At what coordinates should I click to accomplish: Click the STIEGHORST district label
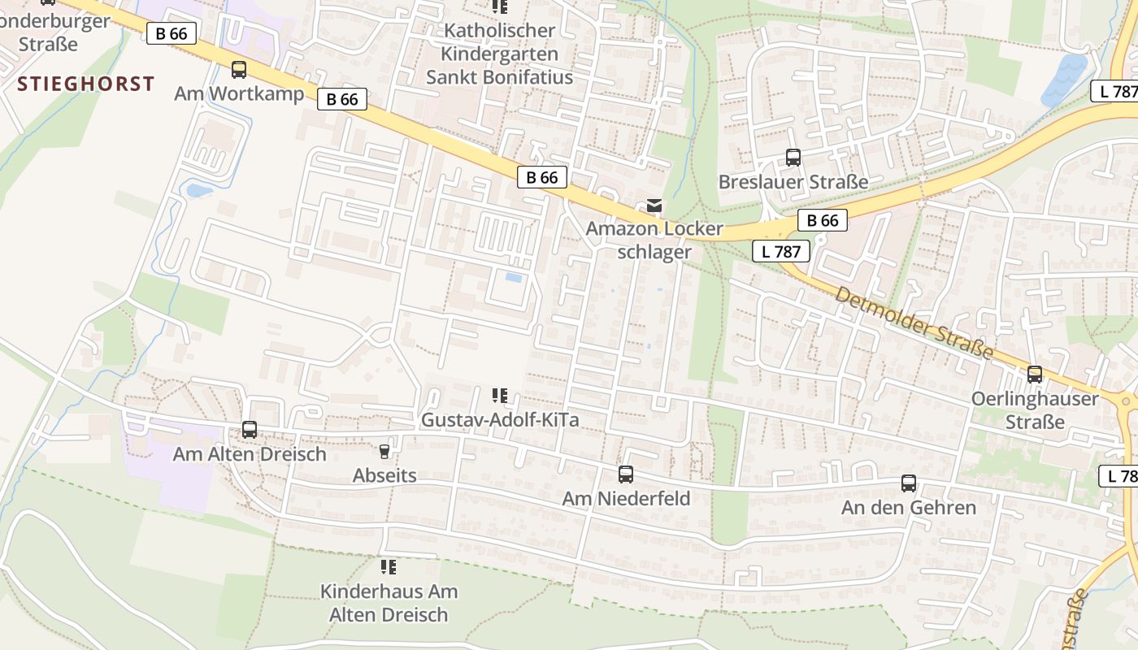(x=85, y=84)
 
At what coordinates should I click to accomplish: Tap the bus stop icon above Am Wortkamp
(x=239, y=70)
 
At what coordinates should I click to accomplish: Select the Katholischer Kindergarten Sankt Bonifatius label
(x=499, y=54)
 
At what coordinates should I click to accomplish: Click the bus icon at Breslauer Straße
(x=793, y=158)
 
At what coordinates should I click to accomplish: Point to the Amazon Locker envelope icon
(x=654, y=206)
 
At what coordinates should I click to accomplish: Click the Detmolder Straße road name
(x=914, y=323)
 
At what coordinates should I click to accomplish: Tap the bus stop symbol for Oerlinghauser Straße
(x=1035, y=375)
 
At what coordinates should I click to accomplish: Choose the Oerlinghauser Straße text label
(x=1035, y=410)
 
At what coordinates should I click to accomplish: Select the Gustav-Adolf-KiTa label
(x=499, y=420)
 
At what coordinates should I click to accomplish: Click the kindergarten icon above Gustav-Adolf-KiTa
(x=500, y=396)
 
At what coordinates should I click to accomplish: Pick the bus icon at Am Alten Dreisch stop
(x=250, y=430)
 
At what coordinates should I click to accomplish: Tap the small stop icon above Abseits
(x=384, y=451)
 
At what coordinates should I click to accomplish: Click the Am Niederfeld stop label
(x=626, y=498)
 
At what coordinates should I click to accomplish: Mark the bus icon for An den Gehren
(x=909, y=483)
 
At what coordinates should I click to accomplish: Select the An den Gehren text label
(x=909, y=508)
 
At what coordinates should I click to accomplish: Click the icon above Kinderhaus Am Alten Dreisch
(x=389, y=566)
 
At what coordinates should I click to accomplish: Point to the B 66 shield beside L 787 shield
(x=823, y=220)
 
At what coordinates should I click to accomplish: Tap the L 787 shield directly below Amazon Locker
(x=781, y=251)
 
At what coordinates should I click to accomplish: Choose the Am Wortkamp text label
(x=239, y=93)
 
